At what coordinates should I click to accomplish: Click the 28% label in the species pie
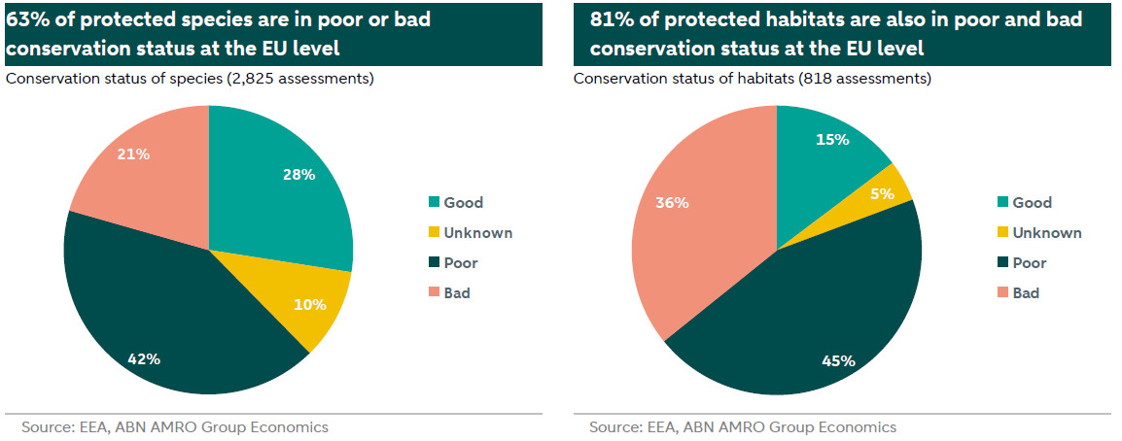[299, 175]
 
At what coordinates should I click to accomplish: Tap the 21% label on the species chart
[134, 153]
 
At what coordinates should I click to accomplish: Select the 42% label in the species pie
[144, 358]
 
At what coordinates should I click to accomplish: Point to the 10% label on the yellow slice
[310, 304]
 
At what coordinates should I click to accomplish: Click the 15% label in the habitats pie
[833, 139]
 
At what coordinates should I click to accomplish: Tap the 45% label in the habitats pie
[839, 361]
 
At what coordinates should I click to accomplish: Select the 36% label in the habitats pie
[673, 203]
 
